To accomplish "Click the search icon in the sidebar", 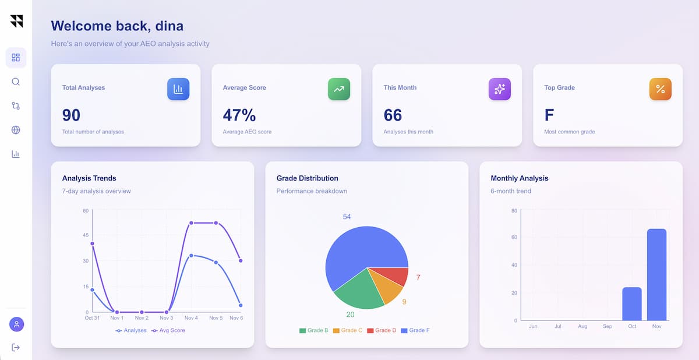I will pyautogui.click(x=16, y=82).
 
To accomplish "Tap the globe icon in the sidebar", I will pyautogui.click(x=16, y=130).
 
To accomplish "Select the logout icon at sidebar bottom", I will pyautogui.click(x=16, y=347).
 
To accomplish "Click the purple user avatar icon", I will pyautogui.click(x=16, y=324).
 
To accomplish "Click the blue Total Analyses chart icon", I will pyautogui.click(x=178, y=89).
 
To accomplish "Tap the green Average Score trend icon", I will pyautogui.click(x=339, y=89).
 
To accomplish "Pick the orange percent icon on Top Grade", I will pyautogui.click(x=660, y=89).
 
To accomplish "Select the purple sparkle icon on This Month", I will pyautogui.click(x=499, y=89).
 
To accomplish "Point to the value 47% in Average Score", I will pyautogui.click(x=239, y=115).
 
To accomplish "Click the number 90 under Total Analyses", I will pyautogui.click(x=71, y=115).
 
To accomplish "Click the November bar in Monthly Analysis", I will pyautogui.click(x=656, y=274).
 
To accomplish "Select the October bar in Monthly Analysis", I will pyautogui.click(x=631, y=303).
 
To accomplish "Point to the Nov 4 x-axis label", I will pyautogui.click(x=191, y=318).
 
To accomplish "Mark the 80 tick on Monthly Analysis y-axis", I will pyautogui.click(x=514, y=211).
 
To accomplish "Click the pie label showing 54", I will pyautogui.click(x=347, y=217).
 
